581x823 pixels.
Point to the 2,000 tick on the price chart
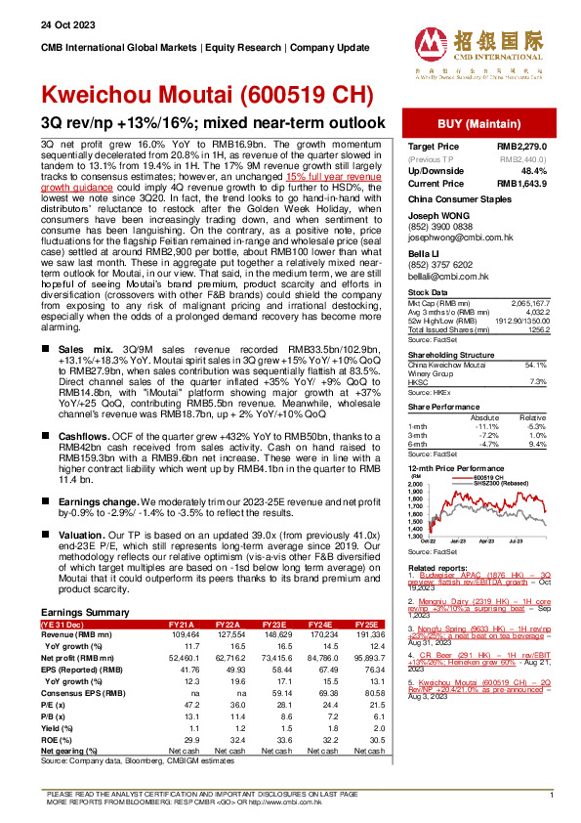pyautogui.click(x=416, y=484)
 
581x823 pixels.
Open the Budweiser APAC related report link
pyautogui.click(x=477, y=578)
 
